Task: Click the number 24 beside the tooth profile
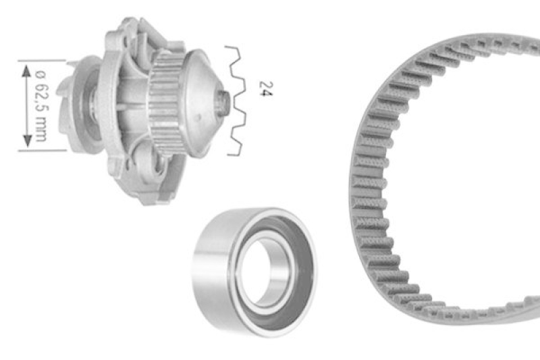tap(266, 89)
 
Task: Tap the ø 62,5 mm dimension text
tap(41, 106)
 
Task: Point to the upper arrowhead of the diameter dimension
tap(26, 72)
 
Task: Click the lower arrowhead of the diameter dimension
tap(27, 140)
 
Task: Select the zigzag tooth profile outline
tap(237, 101)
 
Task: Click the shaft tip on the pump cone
tap(224, 103)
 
